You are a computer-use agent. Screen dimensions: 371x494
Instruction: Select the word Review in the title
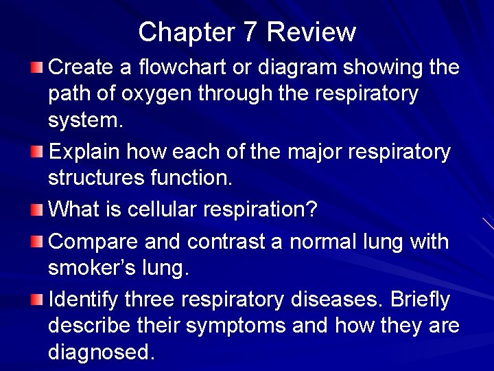coord(311,32)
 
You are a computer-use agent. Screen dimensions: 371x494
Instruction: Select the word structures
coord(95,178)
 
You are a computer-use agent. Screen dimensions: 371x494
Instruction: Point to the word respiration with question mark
coord(261,209)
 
